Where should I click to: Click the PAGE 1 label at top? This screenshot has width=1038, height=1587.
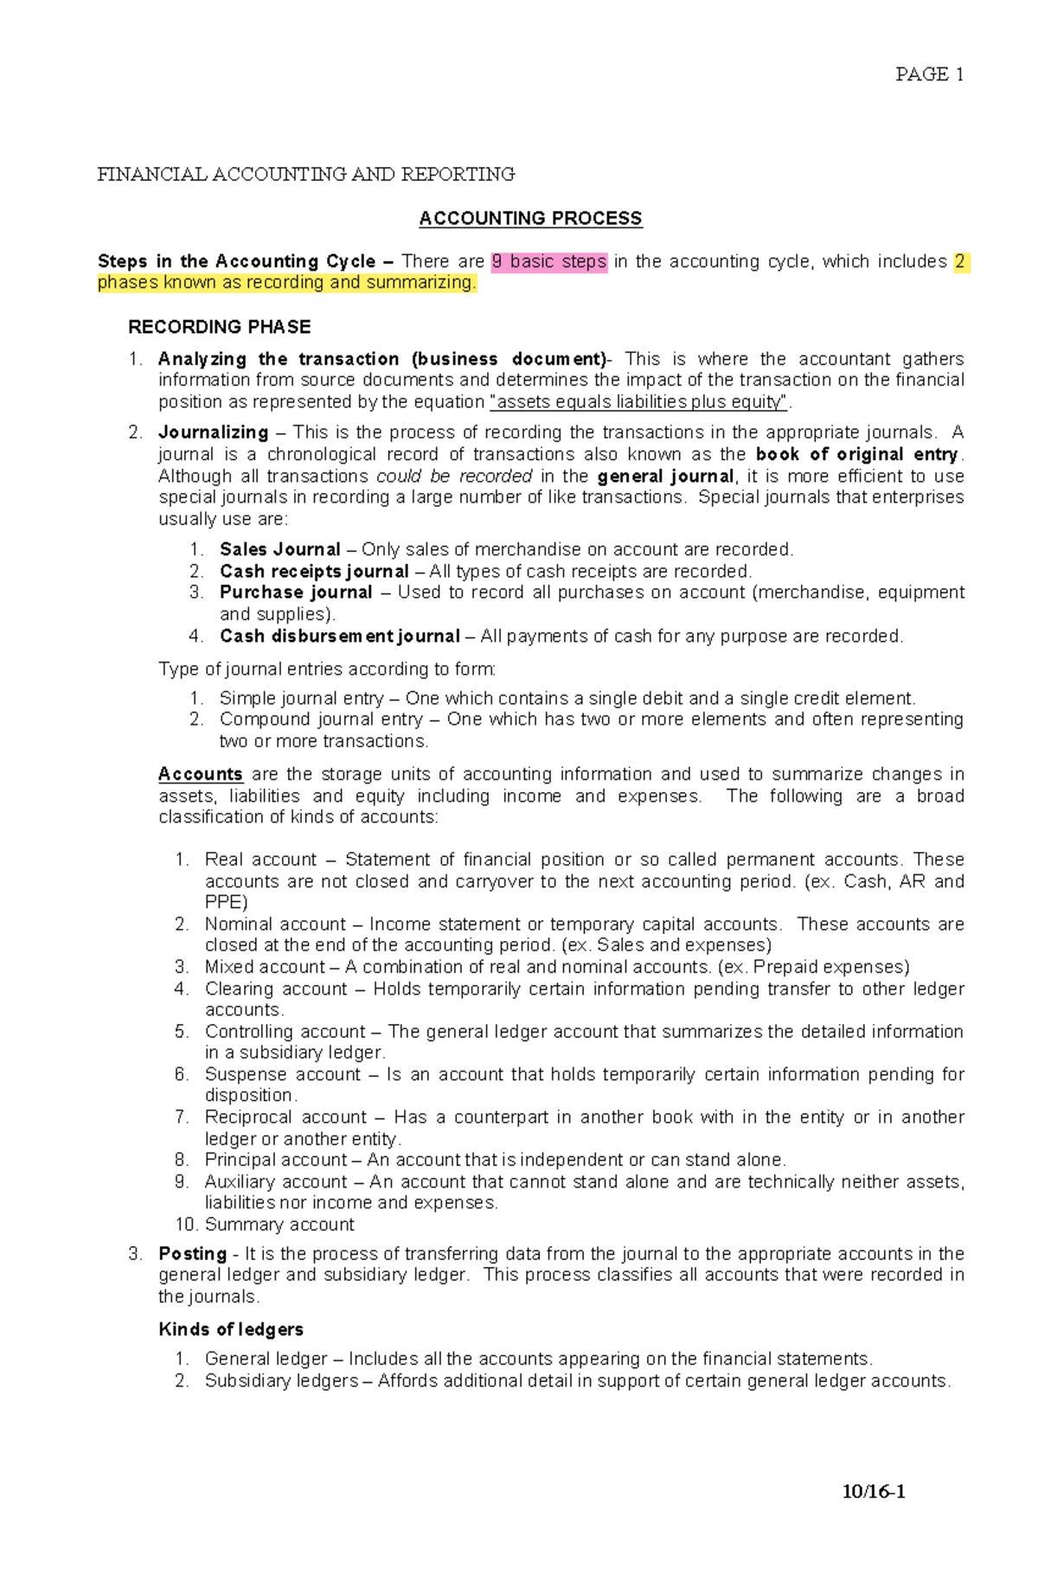tap(929, 74)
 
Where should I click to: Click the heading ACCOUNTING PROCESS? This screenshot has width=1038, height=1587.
tap(530, 219)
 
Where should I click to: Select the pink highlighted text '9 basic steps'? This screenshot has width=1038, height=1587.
tap(549, 262)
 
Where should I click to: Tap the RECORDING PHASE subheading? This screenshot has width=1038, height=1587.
tap(219, 327)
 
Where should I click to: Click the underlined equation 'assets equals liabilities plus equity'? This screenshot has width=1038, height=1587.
tap(639, 402)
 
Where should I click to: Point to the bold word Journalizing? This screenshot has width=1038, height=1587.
tap(213, 432)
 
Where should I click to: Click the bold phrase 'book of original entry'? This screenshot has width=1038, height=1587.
tap(856, 454)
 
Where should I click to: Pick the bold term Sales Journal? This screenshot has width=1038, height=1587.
tap(279, 549)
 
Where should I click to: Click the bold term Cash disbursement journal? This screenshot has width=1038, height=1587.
tap(339, 637)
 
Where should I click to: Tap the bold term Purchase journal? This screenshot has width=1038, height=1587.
tap(295, 592)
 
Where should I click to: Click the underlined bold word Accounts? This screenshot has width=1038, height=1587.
tap(200, 774)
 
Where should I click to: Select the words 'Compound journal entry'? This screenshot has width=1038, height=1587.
tap(321, 720)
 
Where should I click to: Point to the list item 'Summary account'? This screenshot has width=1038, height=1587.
tap(279, 1225)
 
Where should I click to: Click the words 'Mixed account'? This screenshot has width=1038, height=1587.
tap(265, 967)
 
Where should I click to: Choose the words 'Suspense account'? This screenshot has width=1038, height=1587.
tap(282, 1074)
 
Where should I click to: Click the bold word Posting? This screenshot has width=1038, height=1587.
tap(192, 1253)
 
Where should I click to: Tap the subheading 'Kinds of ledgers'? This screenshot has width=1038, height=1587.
tap(231, 1329)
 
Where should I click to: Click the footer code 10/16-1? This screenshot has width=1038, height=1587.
tap(874, 1492)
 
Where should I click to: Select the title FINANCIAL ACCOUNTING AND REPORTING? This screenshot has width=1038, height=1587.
tap(305, 175)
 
